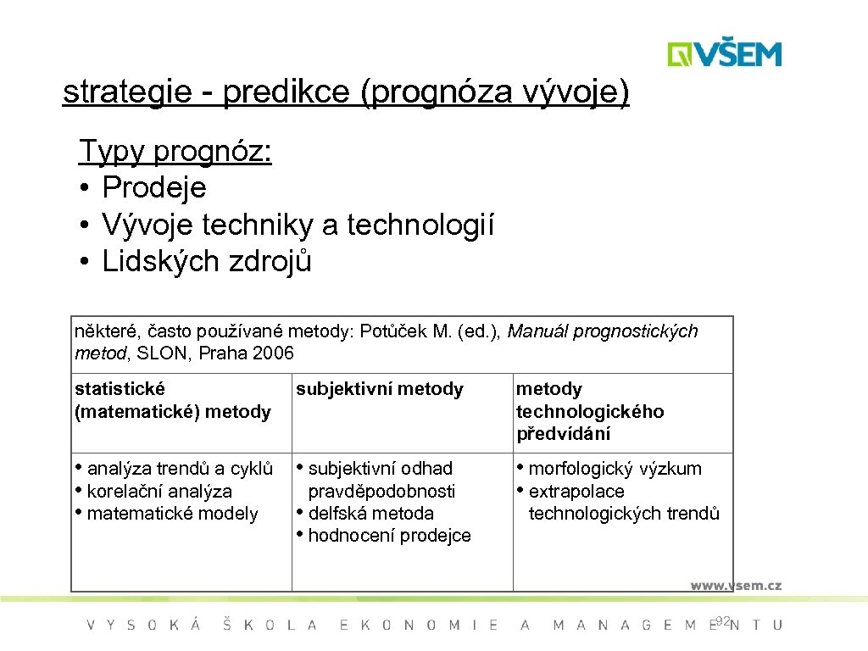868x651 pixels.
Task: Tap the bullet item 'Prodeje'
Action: coord(153,187)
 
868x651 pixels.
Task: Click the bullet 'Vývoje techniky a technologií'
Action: coord(298,225)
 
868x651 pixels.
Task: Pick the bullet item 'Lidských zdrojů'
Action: coord(207,262)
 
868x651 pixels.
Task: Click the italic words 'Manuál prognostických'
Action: coord(603,331)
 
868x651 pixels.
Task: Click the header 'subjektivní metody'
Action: coord(379,389)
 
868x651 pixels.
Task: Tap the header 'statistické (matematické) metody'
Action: coord(173,400)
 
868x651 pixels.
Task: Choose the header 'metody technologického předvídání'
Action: coord(590,411)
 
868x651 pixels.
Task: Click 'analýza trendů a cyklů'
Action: coord(180,468)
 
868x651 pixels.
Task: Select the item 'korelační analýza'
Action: coord(159,491)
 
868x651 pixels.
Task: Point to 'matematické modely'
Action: coord(172,513)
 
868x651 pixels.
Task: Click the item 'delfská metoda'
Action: coord(370,513)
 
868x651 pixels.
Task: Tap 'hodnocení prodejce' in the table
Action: coord(389,536)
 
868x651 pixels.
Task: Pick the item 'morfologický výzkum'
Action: coord(615,468)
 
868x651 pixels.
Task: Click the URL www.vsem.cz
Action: coord(735,585)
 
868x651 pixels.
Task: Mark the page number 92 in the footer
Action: coord(721,621)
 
